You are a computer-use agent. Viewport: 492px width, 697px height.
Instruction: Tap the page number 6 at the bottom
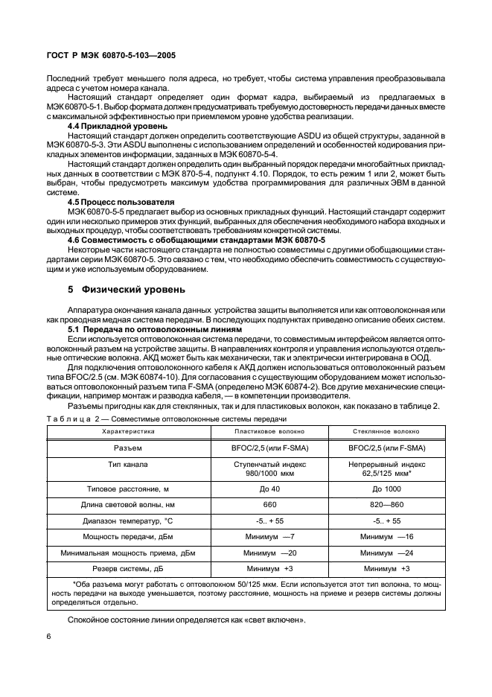click(x=49, y=635)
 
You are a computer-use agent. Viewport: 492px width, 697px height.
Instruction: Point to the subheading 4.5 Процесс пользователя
click(x=121, y=203)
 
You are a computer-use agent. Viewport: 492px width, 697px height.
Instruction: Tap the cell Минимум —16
click(x=386, y=536)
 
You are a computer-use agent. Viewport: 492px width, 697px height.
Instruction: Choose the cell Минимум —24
click(x=386, y=553)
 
